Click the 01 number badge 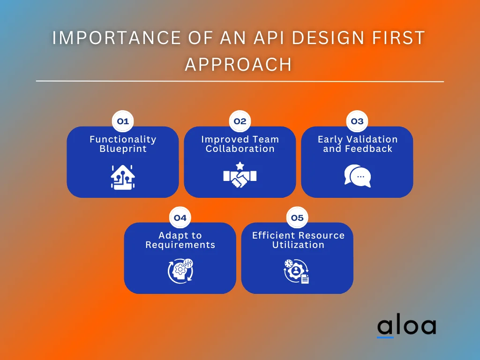pyautogui.click(x=123, y=121)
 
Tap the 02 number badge pyautogui.click(x=240, y=121)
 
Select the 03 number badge pyautogui.click(x=357, y=121)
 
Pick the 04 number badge pyautogui.click(x=180, y=217)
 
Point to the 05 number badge pyautogui.click(x=297, y=217)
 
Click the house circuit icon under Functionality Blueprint pyautogui.click(x=123, y=177)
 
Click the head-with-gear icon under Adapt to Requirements pyautogui.click(x=180, y=271)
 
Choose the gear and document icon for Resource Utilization pyautogui.click(x=297, y=271)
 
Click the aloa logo pyautogui.click(x=406, y=327)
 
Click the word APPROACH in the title pyautogui.click(x=238, y=65)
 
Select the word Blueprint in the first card pyautogui.click(x=123, y=149)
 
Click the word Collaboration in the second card pyautogui.click(x=240, y=149)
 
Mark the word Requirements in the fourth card pyautogui.click(x=180, y=245)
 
